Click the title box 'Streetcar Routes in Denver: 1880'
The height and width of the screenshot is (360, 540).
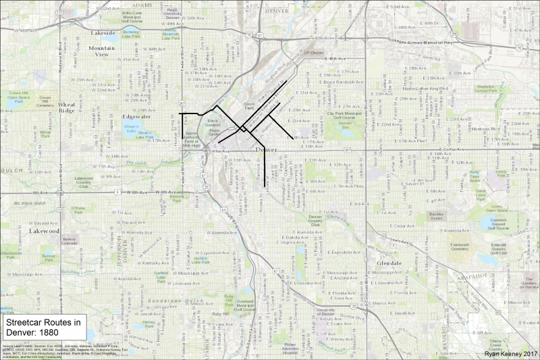tap(43, 328)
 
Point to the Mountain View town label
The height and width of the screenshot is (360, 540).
tap(102, 51)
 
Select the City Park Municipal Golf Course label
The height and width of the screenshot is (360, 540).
tap(340, 115)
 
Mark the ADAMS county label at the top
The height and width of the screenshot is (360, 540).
tap(142, 5)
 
